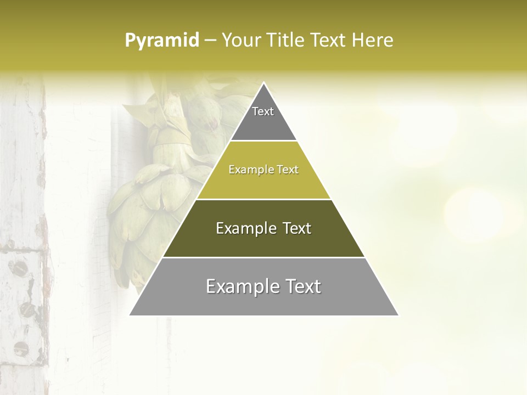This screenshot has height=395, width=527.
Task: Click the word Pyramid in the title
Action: pyautogui.click(x=161, y=41)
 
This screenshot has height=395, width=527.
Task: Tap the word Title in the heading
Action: pyautogui.click(x=288, y=41)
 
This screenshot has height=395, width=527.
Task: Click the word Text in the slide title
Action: pyautogui.click(x=329, y=41)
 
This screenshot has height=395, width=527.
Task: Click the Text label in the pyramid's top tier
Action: pyautogui.click(x=263, y=111)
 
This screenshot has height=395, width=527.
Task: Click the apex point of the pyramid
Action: pyautogui.click(x=263, y=83)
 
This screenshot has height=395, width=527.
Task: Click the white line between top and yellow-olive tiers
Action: pyautogui.click(x=263, y=141)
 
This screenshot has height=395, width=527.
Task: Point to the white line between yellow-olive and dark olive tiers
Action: pyautogui.click(x=263, y=199)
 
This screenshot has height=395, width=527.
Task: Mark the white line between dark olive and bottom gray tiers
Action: pyautogui.click(x=263, y=257)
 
